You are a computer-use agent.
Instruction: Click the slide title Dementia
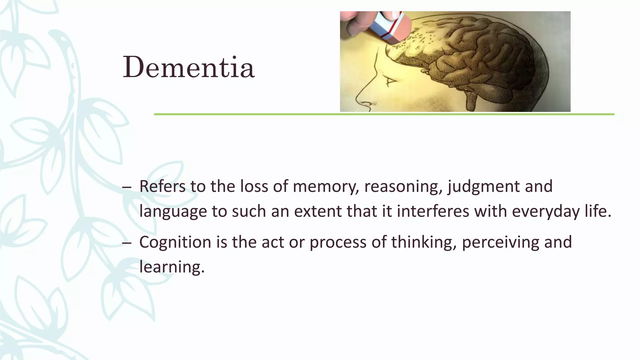(x=188, y=67)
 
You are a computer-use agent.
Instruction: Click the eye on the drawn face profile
(x=389, y=82)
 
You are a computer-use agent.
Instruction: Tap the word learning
(x=172, y=267)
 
